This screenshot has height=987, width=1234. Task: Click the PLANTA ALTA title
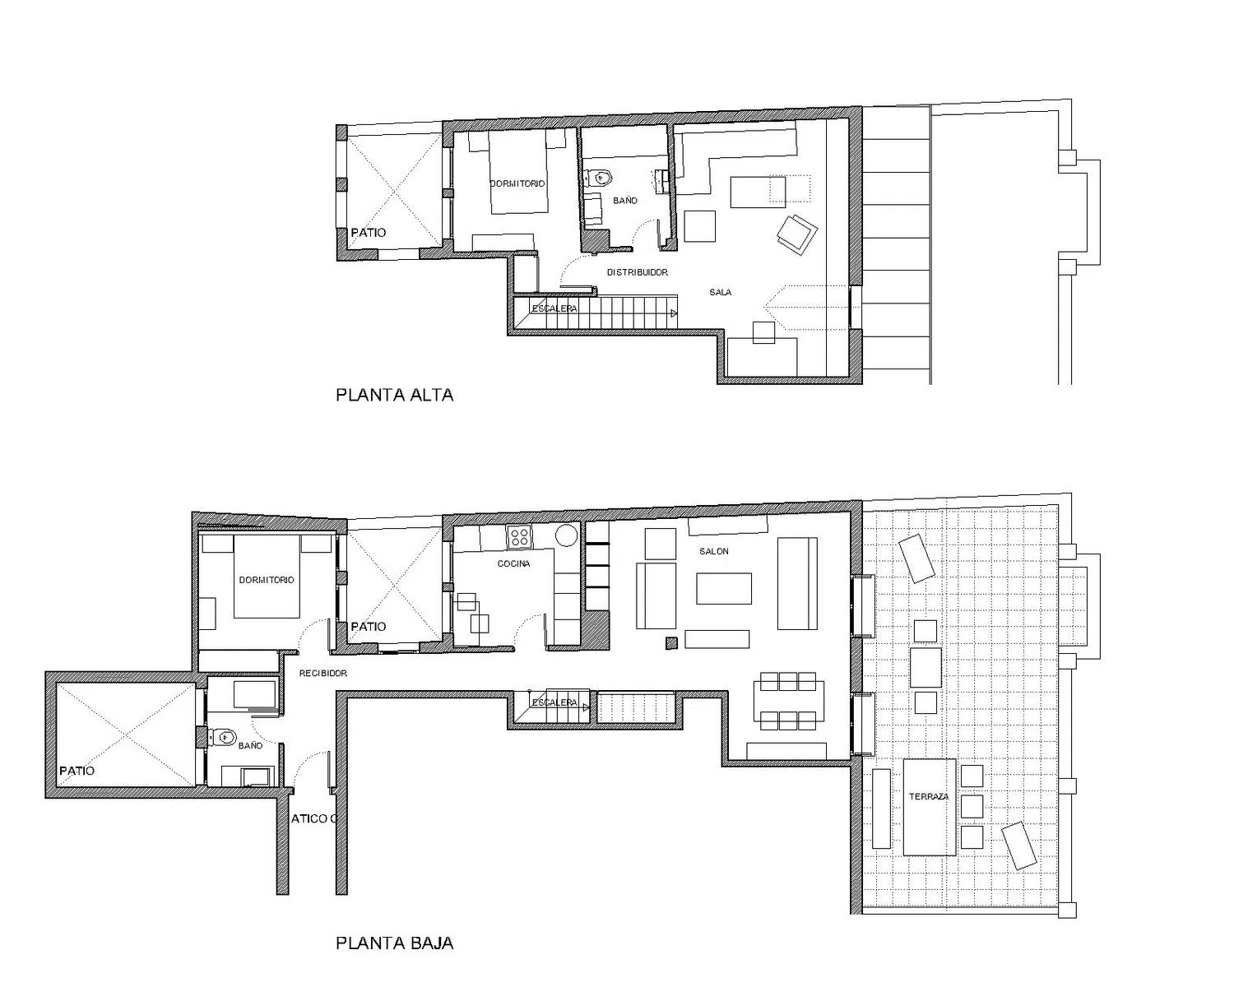pyautogui.click(x=395, y=395)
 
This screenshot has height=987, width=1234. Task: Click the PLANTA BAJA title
pyautogui.click(x=395, y=943)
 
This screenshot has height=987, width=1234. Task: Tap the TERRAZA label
pyautogui.click(x=928, y=797)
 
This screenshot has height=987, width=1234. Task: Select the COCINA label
pyautogui.click(x=513, y=563)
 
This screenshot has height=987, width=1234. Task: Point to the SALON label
pyautogui.click(x=714, y=551)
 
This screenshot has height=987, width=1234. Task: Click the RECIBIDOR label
pyautogui.click(x=322, y=674)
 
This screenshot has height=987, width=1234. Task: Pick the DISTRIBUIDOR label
pyautogui.click(x=638, y=272)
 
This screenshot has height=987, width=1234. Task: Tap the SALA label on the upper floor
pyautogui.click(x=720, y=293)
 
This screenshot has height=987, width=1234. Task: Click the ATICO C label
pyautogui.click(x=313, y=818)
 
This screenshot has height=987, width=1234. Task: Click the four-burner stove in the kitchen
pyautogui.click(x=520, y=537)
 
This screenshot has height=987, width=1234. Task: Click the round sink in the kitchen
pyautogui.click(x=565, y=536)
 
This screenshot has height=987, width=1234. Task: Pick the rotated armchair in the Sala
pyautogui.click(x=797, y=234)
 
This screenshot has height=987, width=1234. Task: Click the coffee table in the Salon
pyautogui.click(x=724, y=588)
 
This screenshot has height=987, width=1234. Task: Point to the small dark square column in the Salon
pyautogui.click(x=671, y=643)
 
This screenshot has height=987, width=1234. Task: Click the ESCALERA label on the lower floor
pyautogui.click(x=554, y=702)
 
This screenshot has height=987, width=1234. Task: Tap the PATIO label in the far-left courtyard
pyautogui.click(x=77, y=771)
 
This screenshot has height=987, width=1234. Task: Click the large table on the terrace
pyautogui.click(x=929, y=808)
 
